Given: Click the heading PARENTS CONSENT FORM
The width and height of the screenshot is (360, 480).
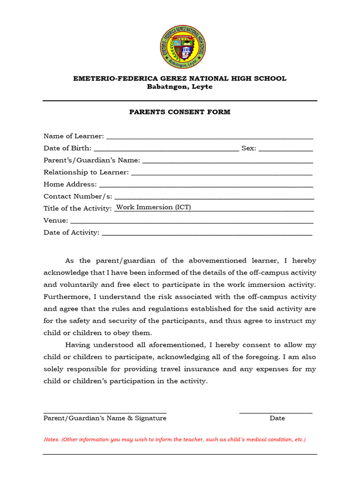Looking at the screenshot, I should [180, 112].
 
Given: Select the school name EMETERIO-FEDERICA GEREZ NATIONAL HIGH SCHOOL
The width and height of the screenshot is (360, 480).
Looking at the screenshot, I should [180, 79].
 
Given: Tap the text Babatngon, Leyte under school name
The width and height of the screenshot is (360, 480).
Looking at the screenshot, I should [180, 87].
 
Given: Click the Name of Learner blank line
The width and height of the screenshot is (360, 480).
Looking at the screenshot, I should [210, 137].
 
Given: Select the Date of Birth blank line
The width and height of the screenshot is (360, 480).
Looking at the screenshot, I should [166, 149].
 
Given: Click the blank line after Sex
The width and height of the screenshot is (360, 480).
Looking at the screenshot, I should [285, 149].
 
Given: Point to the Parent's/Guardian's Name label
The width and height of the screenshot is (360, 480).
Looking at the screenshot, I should [91, 160].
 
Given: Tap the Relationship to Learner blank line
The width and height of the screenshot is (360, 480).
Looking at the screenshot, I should [221, 173].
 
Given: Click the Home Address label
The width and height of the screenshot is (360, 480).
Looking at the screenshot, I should [70, 185].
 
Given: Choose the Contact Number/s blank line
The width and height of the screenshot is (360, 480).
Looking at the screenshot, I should [214, 197].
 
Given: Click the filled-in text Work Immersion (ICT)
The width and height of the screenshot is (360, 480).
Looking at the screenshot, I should [153, 207].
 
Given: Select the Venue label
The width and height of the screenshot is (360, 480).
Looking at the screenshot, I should [55, 221].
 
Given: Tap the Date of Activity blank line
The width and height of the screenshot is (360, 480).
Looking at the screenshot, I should [206, 233].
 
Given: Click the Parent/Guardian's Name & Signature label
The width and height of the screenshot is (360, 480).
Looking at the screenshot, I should [105, 418].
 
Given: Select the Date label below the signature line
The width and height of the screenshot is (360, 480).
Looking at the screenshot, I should [277, 418].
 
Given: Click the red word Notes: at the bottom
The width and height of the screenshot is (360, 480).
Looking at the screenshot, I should [51, 440].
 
